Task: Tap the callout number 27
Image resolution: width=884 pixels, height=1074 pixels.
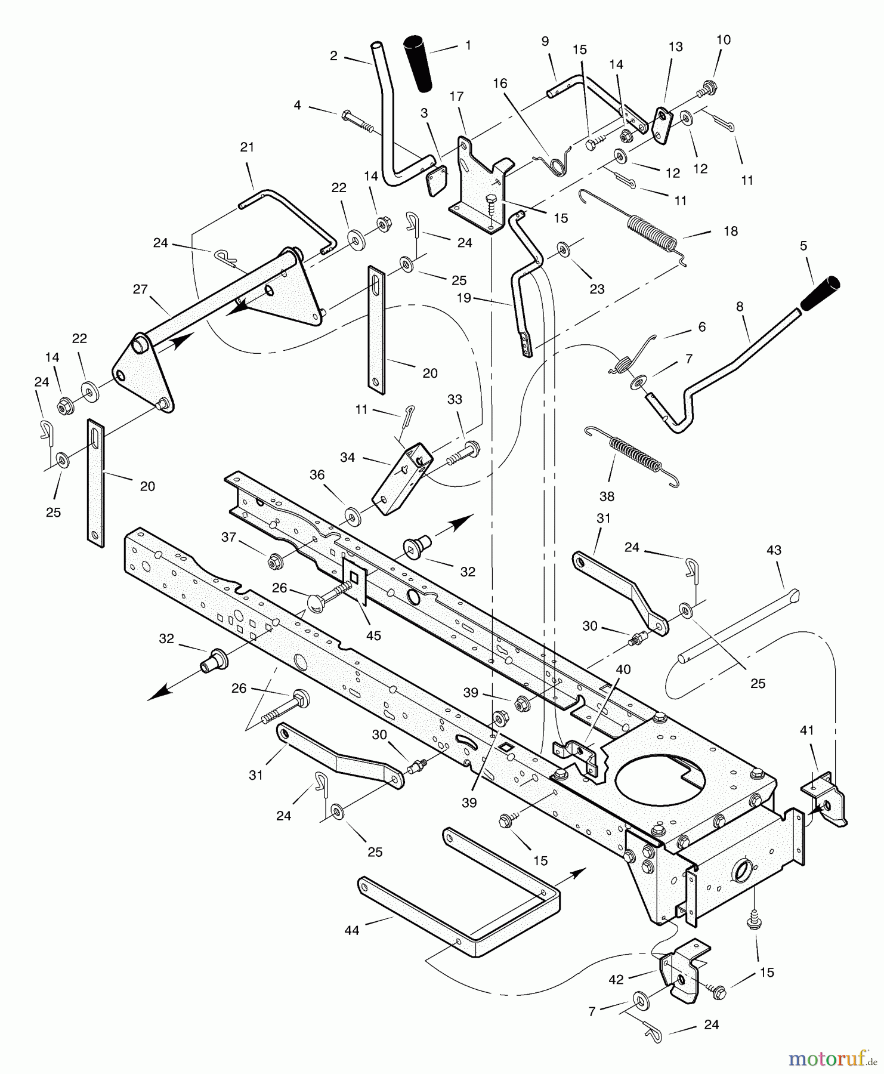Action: click(140, 289)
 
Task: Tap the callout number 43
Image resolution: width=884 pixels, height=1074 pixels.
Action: click(774, 550)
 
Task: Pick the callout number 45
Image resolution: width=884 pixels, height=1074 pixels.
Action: click(373, 635)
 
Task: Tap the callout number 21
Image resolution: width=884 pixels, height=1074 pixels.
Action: click(247, 147)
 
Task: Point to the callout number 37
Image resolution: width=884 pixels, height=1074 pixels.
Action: click(229, 537)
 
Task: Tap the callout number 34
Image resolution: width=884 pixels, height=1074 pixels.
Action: click(348, 457)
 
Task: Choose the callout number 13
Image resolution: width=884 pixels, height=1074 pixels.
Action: click(675, 47)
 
